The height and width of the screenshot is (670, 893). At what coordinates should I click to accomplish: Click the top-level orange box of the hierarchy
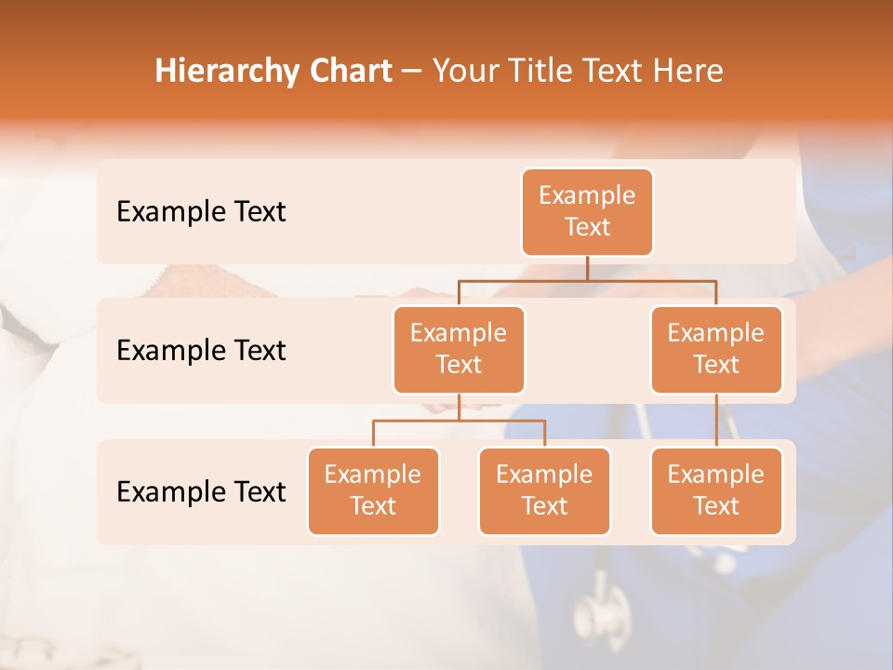tap(587, 212)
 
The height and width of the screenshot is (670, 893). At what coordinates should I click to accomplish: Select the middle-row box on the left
tap(459, 350)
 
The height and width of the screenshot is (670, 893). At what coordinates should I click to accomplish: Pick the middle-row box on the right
tap(716, 350)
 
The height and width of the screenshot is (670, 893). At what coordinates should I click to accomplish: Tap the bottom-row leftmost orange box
tap(373, 491)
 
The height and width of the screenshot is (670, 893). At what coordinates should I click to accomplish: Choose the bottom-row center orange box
tap(544, 491)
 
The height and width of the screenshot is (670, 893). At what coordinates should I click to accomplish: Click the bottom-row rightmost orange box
tap(716, 491)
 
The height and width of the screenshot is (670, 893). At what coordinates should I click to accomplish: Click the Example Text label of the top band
tap(201, 212)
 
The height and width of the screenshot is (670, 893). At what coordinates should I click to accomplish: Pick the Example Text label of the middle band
tap(201, 351)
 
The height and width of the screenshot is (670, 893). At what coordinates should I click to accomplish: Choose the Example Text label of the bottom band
tap(201, 491)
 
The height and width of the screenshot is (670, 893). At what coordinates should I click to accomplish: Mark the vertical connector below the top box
tap(587, 268)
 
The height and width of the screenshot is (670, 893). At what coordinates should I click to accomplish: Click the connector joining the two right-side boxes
tap(716, 421)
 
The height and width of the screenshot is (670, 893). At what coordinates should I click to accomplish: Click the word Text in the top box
tap(587, 228)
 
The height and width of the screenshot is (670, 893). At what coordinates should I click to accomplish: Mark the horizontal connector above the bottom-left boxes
tap(459, 421)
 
